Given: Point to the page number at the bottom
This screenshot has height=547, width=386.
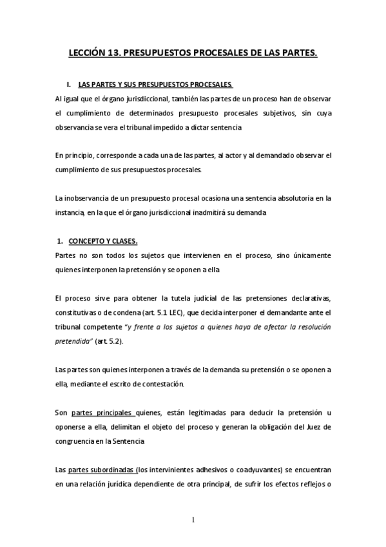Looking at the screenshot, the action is pyautogui.click(x=193, y=521).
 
